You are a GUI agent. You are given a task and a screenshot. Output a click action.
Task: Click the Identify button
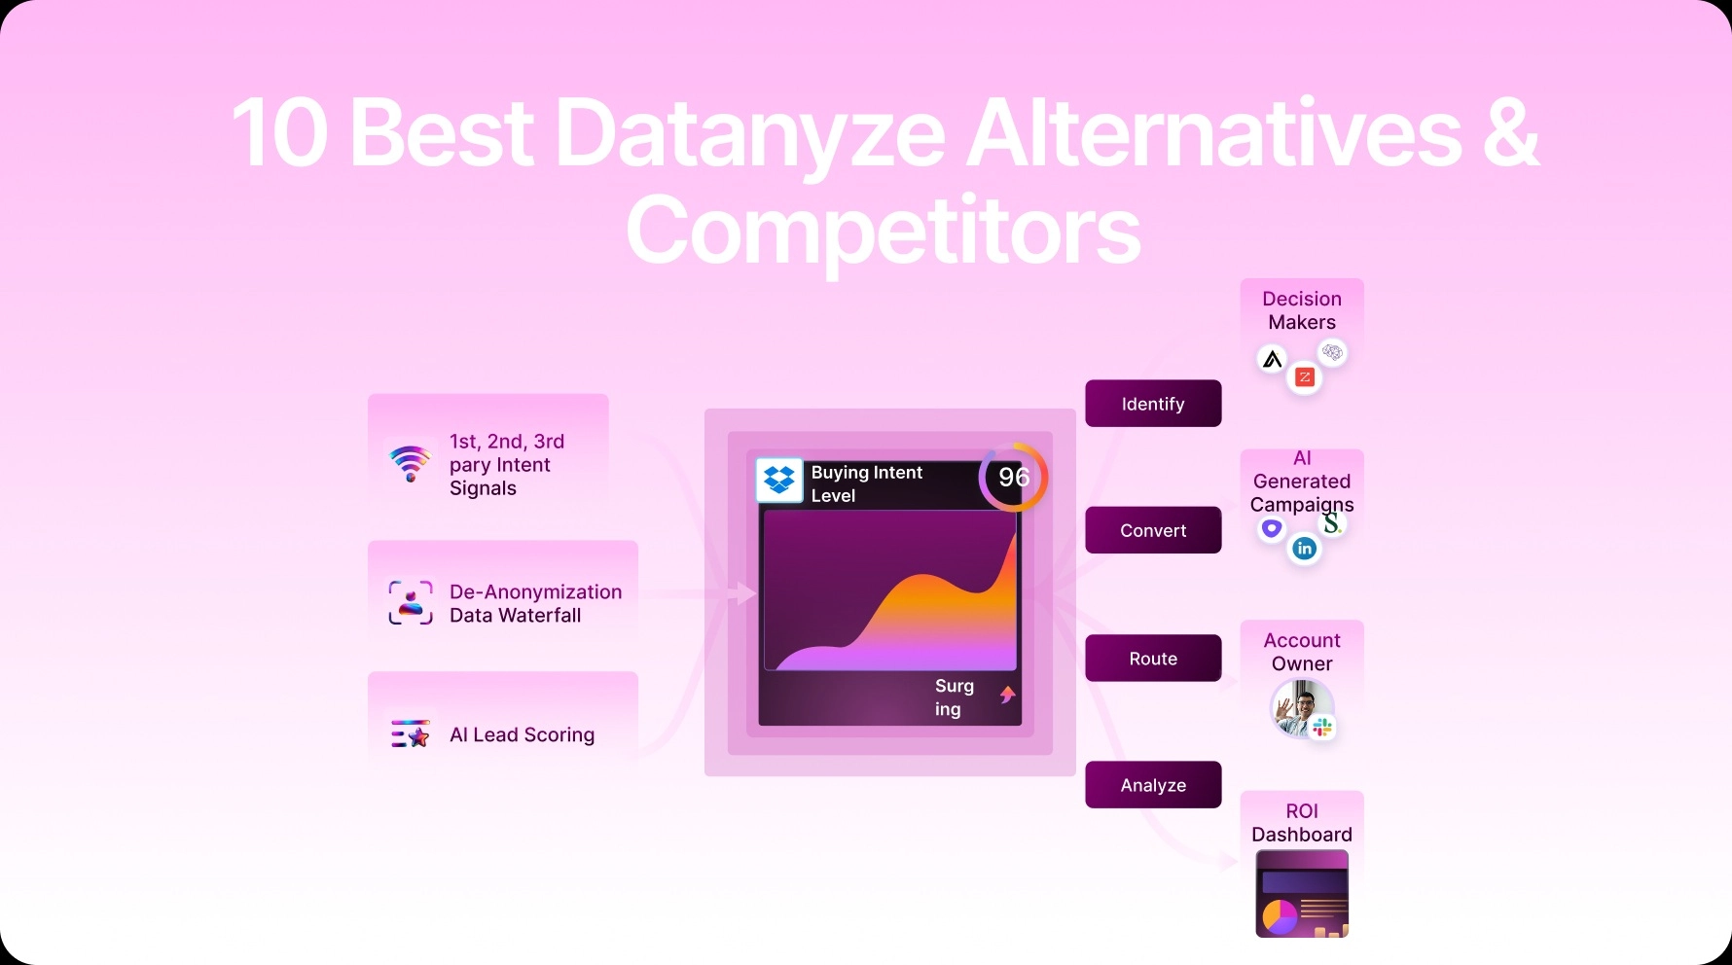(x=1153, y=404)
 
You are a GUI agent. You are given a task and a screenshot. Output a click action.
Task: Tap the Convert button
(x=1153, y=530)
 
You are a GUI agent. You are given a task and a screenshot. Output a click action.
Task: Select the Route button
(x=1153, y=659)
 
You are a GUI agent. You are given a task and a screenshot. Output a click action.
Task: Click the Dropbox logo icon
(x=779, y=480)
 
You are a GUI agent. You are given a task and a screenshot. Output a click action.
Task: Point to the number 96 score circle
(x=1013, y=477)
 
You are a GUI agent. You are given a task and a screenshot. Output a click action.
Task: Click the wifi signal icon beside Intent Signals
(x=410, y=464)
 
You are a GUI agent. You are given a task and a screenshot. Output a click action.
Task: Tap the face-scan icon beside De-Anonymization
(x=410, y=602)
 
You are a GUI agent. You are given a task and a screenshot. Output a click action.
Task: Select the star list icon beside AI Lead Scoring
(x=410, y=733)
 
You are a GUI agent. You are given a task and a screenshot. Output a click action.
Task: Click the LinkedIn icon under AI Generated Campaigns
(x=1304, y=549)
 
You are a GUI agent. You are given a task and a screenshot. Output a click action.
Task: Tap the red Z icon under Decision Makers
(x=1305, y=377)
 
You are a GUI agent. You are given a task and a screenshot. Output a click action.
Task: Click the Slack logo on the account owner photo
(x=1322, y=727)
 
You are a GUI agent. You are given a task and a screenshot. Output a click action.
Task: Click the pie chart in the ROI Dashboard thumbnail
(x=1280, y=915)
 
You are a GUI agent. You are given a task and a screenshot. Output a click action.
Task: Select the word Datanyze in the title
(x=749, y=133)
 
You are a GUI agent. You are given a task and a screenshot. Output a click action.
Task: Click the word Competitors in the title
(x=883, y=231)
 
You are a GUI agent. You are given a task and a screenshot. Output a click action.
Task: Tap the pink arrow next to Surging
(x=1008, y=695)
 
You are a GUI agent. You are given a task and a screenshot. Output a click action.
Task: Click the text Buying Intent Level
(x=866, y=483)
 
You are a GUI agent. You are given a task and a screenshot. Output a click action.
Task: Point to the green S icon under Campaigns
(x=1331, y=524)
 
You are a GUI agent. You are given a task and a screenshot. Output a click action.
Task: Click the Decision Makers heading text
(x=1302, y=310)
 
